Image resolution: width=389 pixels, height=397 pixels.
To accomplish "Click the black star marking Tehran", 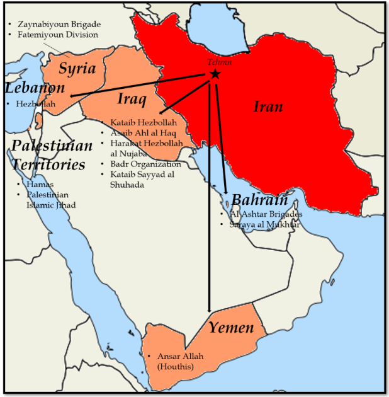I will point(215,74).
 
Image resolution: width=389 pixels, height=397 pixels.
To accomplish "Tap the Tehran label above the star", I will point(220,62).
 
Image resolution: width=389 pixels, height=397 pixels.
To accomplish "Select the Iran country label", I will point(268,106).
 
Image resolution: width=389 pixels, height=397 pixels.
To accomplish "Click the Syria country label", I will point(77,68).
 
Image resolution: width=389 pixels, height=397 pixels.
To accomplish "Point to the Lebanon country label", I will point(35,88).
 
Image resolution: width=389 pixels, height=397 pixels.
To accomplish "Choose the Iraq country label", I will point(132,99).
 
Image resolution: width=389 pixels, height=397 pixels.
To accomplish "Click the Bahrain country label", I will point(259,200).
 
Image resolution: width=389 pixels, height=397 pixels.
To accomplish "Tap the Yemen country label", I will point(231,327).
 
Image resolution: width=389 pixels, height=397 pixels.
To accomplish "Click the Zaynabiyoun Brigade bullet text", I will point(59,24).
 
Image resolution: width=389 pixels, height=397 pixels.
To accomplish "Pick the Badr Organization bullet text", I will point(145,164).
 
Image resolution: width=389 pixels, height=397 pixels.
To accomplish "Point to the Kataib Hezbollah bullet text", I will point(144,122).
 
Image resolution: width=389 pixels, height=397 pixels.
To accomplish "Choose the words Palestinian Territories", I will point(52,155).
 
